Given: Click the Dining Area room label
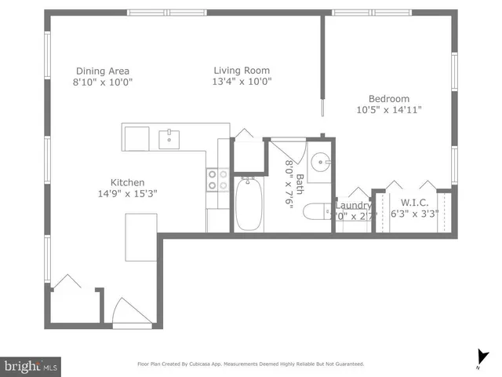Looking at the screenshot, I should tap(102, 70).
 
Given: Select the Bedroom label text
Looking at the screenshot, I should tap(389, 98).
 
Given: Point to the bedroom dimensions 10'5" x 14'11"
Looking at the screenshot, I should tap(389, 110).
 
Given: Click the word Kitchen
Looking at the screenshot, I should tap(126, 182).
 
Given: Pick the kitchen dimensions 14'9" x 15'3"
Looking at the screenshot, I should tap(126, 194).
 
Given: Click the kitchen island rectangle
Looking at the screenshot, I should tap(142, 236).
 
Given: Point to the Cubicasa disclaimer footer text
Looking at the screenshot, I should tap(250, 364).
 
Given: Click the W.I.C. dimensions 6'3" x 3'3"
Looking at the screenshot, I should tap(414, 212).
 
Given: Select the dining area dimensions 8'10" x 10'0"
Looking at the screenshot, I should tap(102, 82).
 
